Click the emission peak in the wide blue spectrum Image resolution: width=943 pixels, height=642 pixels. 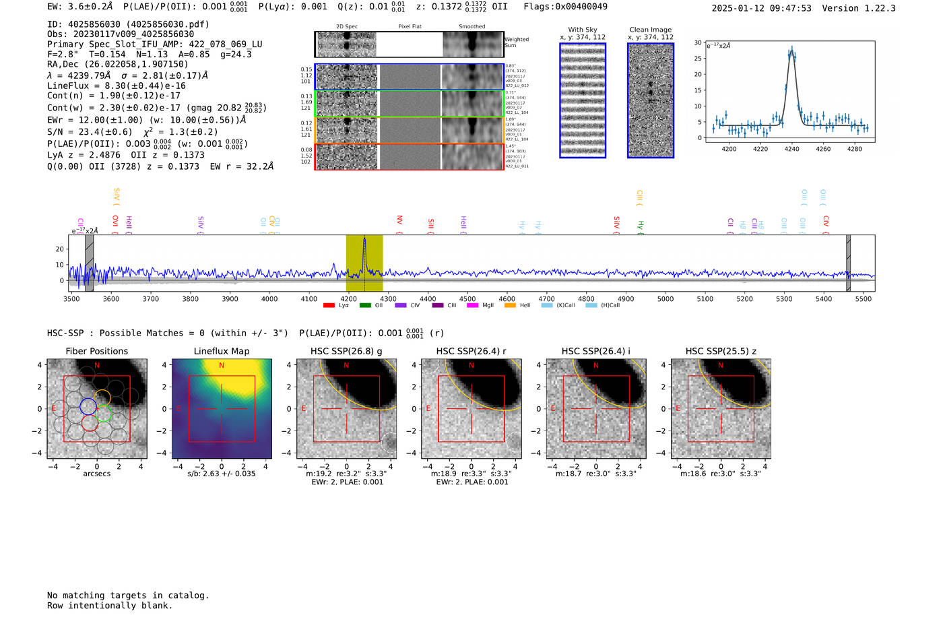[364, 239]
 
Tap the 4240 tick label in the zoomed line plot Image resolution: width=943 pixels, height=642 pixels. [791, 149]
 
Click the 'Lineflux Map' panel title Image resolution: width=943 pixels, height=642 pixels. [221, 351]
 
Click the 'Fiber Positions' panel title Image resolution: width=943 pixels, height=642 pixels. [96, 351]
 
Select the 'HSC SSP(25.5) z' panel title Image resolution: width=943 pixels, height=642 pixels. [721, 351]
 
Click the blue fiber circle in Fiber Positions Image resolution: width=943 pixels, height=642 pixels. [88, 406]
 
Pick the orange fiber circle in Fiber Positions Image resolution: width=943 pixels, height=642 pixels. [102, 397]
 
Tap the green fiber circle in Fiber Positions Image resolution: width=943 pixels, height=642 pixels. [104, 414]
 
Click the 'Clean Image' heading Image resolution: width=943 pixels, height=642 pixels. [650, 30]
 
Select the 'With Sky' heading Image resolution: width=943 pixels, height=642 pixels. [582, 30]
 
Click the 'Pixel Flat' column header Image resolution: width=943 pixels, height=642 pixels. [410, 27]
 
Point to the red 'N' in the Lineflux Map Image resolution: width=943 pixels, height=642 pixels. [222, 366]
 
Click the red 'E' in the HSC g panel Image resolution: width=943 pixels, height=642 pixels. [304, 409]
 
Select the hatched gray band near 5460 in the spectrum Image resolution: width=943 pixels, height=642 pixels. [848, 263]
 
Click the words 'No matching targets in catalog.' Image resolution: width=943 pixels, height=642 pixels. [128, 596]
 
